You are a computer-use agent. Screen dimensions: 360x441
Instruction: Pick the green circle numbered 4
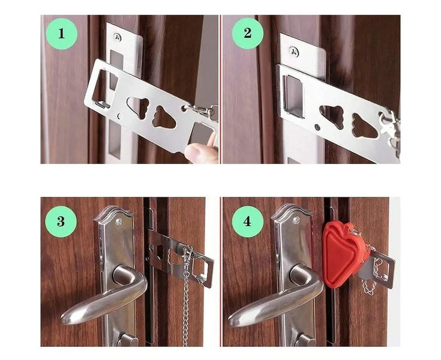point(248,221)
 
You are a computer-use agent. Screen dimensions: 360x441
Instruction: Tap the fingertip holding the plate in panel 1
point(201,153)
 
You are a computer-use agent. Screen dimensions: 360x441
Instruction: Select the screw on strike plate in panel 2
point(293,52)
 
